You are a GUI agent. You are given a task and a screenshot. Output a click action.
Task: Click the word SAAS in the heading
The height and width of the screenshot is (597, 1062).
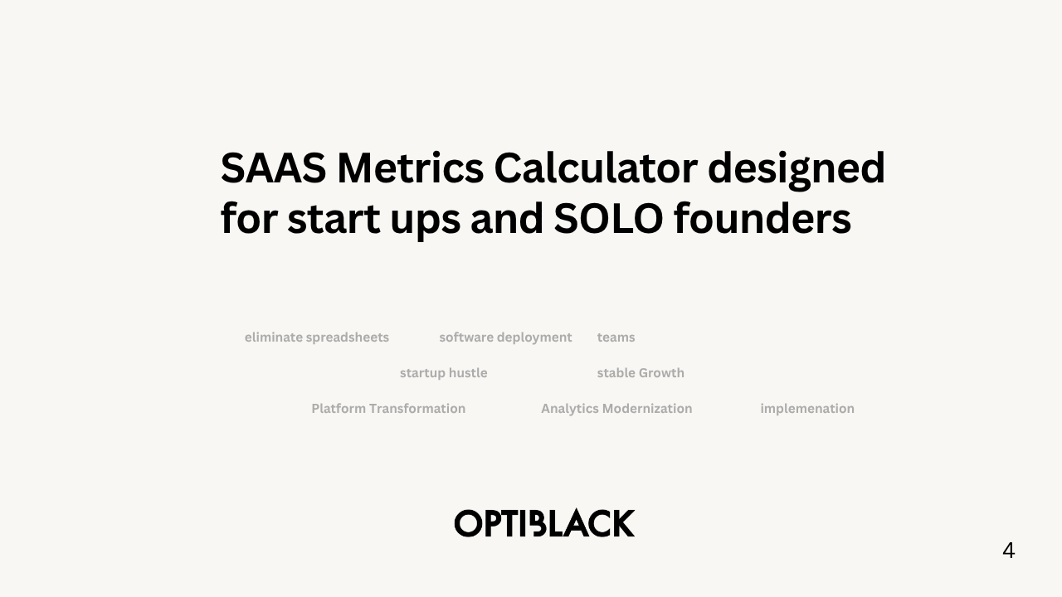(x=274, y=168)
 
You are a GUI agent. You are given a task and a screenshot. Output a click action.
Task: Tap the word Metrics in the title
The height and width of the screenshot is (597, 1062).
(x=410, y=168)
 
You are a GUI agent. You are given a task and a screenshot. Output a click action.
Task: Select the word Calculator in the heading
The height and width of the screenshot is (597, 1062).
(x=596, y=167)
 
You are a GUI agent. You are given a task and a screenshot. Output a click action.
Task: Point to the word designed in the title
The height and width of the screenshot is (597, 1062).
(x=796, y=170)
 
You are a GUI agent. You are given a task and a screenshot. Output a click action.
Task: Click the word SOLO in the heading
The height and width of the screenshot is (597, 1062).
(x=608, y=219)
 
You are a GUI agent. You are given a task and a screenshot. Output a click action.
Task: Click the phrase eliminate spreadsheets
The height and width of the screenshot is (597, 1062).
(x=317, y=337)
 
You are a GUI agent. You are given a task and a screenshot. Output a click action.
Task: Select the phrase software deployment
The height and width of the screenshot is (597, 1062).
(x=505, y=337)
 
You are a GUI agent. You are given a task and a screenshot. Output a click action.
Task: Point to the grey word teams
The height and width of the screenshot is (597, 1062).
(x=616, y=337)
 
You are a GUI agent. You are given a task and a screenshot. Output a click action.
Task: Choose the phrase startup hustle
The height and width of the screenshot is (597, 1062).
(x=443, y=373)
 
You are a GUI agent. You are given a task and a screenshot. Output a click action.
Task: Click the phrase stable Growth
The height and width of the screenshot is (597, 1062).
(x=641, y=373)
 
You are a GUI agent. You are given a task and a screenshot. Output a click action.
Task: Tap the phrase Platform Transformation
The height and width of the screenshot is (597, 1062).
(x=388, y=409)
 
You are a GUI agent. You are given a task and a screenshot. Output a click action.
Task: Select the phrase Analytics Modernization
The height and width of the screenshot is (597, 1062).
(x=616, y=409)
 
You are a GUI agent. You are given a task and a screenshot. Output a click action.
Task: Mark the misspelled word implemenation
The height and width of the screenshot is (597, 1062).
(x=807, y=409)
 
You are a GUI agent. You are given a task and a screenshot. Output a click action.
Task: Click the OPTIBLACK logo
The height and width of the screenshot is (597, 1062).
(x=545, y=523)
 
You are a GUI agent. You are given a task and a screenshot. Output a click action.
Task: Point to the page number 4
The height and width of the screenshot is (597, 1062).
(x=1008, y=551)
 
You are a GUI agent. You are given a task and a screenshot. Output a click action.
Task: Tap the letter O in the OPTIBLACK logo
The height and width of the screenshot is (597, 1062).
(x=468, y=523)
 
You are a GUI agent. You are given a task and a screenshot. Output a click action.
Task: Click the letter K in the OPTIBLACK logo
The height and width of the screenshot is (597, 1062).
(x=623, y=523)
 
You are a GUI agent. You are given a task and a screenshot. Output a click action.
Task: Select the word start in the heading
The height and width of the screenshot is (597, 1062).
(x=334, y=219)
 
